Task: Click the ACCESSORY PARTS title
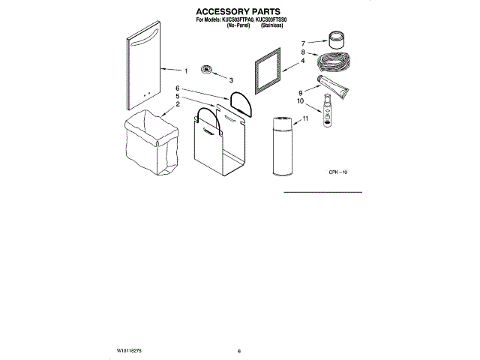238,12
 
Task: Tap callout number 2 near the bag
178,105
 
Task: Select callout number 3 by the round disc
231,79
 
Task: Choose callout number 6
178,88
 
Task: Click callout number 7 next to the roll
303,43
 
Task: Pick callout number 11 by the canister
304,118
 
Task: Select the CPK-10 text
337,173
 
